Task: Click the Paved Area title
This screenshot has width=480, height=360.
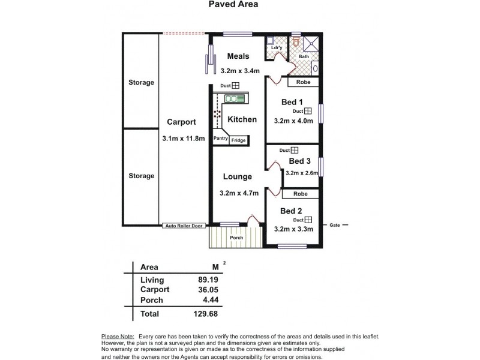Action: click(x=233, y=4)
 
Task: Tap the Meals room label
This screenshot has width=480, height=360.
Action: click(x=238, y=56)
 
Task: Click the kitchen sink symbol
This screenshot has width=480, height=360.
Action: click(x=235, y=98)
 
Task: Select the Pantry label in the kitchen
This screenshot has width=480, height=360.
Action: click(x=220, y=139)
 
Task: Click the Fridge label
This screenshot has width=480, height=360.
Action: click(x=238, y=140)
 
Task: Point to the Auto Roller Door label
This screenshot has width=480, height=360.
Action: click(x=184, y=226)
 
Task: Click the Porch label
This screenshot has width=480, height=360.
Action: click(x=236, y=238)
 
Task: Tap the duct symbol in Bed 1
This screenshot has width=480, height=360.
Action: click(x=308, y=111)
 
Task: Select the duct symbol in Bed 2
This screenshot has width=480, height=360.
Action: click(x=308, y=220)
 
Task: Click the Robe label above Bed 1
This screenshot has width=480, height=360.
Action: click(x=304, y=82)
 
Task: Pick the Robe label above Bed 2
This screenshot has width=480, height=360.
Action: click(x=301, y=194)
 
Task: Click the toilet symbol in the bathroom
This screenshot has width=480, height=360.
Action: click(x=296, y=41)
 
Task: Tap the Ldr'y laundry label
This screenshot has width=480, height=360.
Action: click(x=277, y=48)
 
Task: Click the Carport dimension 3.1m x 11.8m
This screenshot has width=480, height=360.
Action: click(x=184, y=139)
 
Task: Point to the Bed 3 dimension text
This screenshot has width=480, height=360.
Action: click(x=302, y=173)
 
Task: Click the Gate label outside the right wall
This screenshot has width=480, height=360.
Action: click(x=335, y=225)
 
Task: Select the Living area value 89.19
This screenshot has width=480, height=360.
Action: click(x=208, y=280)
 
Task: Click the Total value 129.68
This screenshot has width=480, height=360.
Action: click(x=206, y=314)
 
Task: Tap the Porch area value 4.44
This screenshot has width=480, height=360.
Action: click(x=211, y=299)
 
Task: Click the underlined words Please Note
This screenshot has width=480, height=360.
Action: click(x=118, y=337)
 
